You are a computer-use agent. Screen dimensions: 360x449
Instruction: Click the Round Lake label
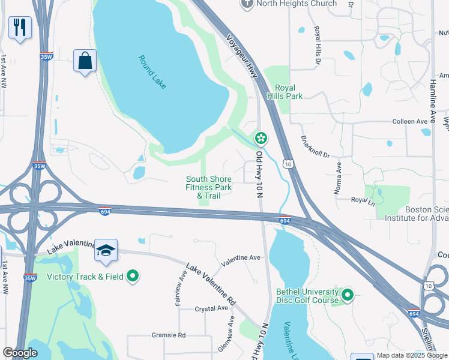152,72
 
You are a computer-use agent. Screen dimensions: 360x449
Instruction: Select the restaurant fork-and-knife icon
20,27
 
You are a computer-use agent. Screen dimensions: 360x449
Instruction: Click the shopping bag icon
85,61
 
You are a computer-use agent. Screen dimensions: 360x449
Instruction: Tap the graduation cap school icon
106,251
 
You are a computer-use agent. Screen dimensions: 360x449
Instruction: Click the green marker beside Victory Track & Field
133,277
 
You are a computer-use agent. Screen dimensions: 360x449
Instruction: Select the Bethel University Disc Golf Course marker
348,295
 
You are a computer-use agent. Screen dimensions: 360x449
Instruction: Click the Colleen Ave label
409,121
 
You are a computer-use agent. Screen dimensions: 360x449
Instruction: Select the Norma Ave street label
338,178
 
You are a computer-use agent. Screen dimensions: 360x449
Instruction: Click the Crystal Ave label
211,308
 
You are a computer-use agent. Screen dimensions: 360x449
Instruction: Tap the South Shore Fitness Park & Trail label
208,187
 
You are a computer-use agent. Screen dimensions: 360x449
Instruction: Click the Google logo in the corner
20,353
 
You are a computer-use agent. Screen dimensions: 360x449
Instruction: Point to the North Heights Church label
288,4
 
